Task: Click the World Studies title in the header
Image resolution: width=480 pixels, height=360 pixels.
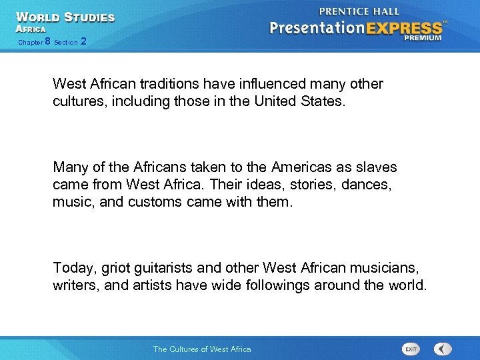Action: pos(65,17)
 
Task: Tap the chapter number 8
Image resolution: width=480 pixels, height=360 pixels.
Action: pos(47,41)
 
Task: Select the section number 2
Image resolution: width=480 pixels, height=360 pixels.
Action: pos(83,41)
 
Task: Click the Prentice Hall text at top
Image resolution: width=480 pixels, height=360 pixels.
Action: pos(359,11)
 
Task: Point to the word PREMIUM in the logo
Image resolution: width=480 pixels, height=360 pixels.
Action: pos(423,38)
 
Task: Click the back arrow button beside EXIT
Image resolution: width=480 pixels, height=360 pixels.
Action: pos(442,349)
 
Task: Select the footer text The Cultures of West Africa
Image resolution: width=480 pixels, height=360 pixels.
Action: pos(202,349)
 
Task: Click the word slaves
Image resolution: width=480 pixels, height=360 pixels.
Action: pos(377,167)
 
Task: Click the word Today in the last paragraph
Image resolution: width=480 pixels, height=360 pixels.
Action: pos(74,268)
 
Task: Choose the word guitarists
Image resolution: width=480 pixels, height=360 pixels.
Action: pos(163,268)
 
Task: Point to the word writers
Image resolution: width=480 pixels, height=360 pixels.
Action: pos(73,285)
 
